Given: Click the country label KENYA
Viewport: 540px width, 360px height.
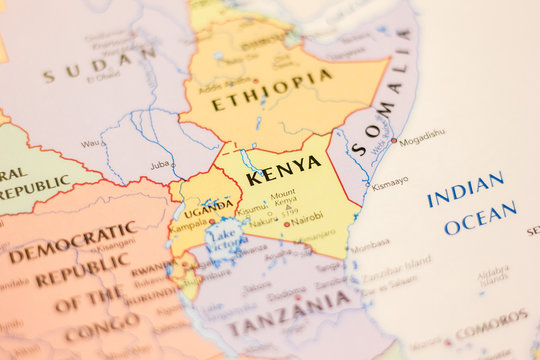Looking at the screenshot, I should point(284,171).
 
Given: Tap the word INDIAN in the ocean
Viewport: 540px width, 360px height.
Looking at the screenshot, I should point(465,189).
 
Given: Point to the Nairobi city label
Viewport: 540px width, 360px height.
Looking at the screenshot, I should point(306,215).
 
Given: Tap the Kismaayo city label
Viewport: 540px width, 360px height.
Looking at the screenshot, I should point(389,183).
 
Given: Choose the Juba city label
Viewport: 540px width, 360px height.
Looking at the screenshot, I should point(159,164).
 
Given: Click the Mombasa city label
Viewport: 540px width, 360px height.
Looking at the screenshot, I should point(370,243).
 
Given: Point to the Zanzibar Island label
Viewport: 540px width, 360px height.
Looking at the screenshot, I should point(397,262).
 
